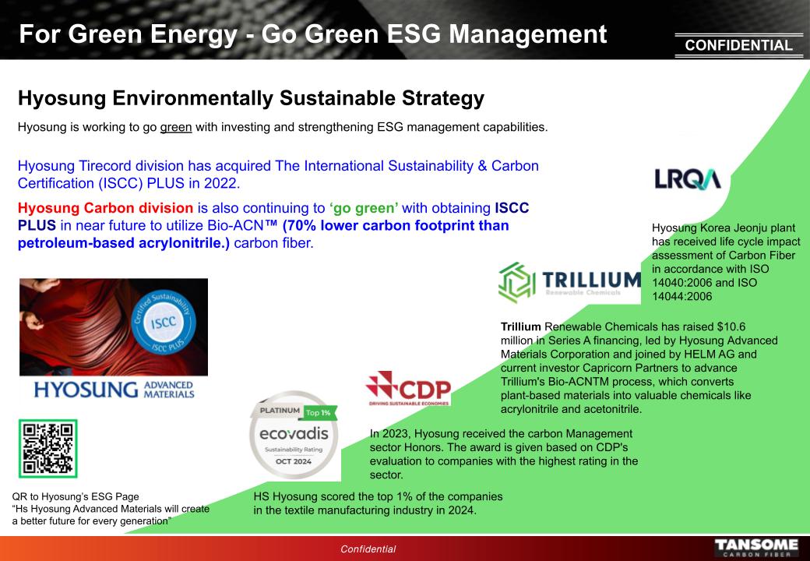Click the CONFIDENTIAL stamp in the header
pos(738,45)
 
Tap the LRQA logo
pos(688,179)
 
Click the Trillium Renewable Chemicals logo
pos(569,282)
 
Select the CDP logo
pos(408,388)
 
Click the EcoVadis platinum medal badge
pos(294,435)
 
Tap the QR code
pos(48,448)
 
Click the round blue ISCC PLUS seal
pos(164,323)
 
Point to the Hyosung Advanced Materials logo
pos(114,390)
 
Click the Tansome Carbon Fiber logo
pos(755,548)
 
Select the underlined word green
pos(176,127)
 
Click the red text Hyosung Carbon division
pos(105,208)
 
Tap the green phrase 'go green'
pos(364,208)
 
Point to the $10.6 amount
pos(731,326)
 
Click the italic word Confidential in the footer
pos(368,549)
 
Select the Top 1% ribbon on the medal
pos(319,412)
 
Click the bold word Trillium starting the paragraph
pos(521,326)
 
